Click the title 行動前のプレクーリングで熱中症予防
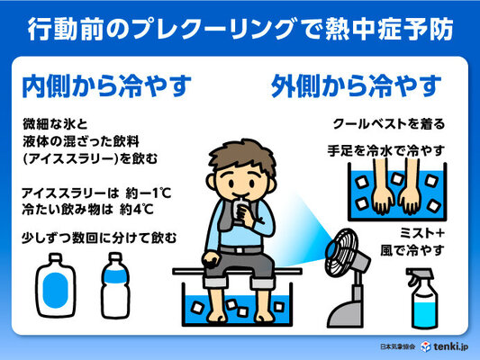(240, 27)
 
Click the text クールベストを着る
(388, 124)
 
